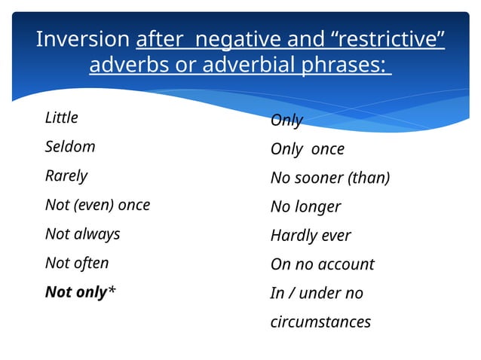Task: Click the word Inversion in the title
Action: click(x=83, y=40)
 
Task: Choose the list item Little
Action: click(x=62, y=118)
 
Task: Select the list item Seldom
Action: click(x=70, y=147)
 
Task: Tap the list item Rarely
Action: click(x=66, y=176)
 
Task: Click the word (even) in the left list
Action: click(x=97, y=205)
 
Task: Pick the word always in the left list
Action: click(x=97, y=234)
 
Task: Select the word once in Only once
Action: click(x=327, y=149)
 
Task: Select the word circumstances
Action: click(x=320, y=322)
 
